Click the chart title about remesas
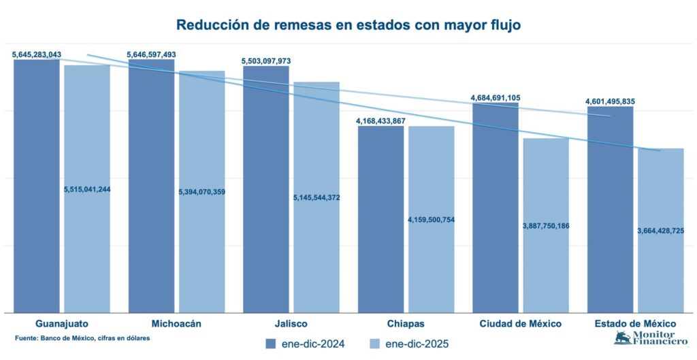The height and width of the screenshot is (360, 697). (x=348, y=25)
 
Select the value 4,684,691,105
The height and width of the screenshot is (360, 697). (x=496, y=98)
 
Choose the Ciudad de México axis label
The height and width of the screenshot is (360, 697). (x=519, y=323)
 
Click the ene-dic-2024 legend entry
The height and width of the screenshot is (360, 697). (x=306, y=344)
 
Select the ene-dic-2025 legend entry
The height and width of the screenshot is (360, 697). (x=408, y=344)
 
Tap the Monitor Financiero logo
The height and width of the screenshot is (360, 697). (x=644, y=338)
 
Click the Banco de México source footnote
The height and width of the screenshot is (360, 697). (x=82, y=338)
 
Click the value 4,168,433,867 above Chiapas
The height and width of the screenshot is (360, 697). (x=380, y=121)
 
